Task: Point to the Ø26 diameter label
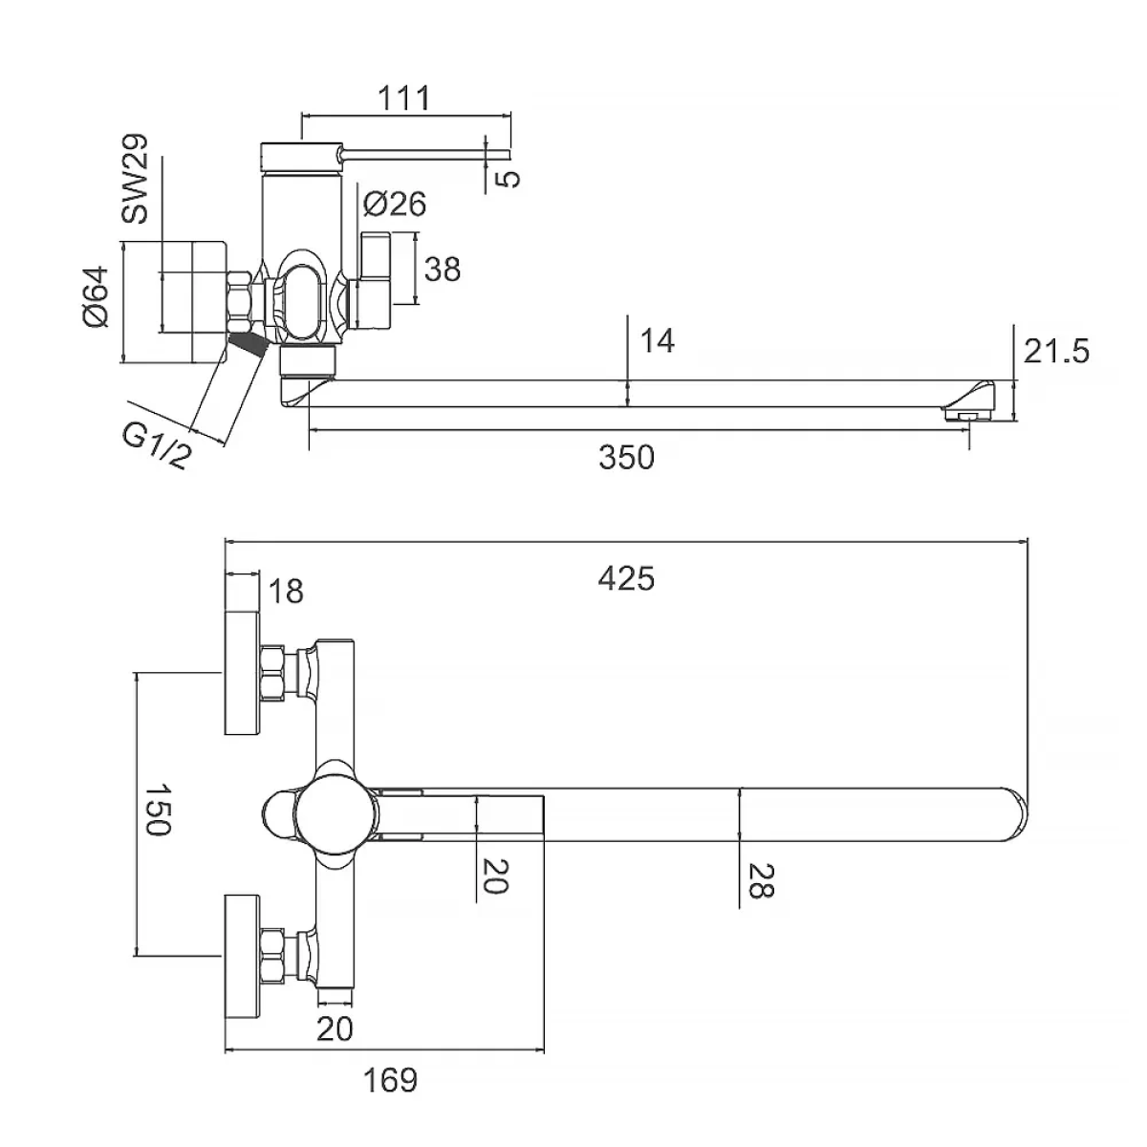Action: tap(395, 204)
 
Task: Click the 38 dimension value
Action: tap(442, 270)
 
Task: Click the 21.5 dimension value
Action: tap(1055, 352)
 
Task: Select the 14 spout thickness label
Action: tap(657, 340)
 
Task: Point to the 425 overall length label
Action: tap(627, 578)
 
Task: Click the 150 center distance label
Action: tap(155, 811)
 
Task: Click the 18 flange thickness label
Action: tap(286, 592)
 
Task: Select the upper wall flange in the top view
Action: tap(241, 675)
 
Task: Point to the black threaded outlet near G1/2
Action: tap(248, 345)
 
